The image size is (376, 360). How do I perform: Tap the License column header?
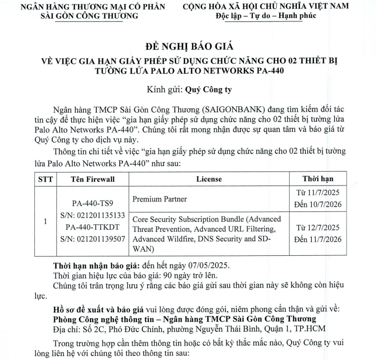[209, 179]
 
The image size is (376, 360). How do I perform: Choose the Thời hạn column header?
[318, 179]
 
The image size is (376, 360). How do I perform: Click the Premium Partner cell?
[160, 199]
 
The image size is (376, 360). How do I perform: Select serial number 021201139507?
[92, 238]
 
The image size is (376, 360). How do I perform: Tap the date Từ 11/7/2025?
[318, 192]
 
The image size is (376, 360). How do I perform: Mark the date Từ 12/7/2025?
[318, 227]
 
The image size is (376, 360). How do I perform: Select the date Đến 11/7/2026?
[318, 239]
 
